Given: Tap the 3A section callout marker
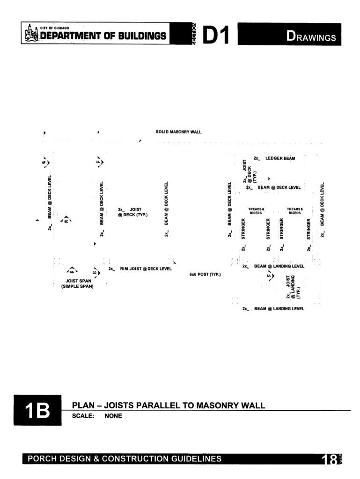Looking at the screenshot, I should (98, 162).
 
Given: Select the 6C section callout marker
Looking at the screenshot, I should (66, 221).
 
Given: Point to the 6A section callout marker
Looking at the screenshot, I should (72, 271).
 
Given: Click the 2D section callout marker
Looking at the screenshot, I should (95, 272).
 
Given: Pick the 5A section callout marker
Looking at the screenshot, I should (269, 276).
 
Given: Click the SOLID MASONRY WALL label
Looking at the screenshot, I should (178, 132).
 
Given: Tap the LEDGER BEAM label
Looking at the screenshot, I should (280, 158).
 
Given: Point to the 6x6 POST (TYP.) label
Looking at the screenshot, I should (205, 274).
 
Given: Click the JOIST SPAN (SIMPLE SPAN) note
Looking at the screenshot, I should (78, 284).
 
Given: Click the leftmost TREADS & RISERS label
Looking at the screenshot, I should (256, 211).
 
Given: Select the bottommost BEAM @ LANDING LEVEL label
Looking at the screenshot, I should (279, 309).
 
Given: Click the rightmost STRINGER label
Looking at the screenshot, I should (309, 228).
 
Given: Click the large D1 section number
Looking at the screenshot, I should (216, 36).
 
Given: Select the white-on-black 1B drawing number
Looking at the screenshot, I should (37, 410).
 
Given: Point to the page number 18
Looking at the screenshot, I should (329, 460).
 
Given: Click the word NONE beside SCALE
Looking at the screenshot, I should (113, 416).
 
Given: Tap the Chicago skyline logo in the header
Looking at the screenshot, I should (31, 34).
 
